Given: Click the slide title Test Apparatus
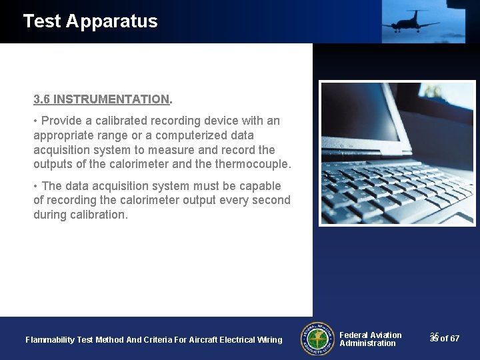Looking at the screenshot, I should tap(90, 21).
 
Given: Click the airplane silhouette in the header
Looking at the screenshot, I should tap(409, 21).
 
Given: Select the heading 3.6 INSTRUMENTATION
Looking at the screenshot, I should tap(102, 99).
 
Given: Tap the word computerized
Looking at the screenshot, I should tap(190, 135).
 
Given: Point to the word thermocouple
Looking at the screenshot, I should tap(257, 164).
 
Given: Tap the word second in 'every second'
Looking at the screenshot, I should tap(273, 200).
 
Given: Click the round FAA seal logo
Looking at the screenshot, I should tap(317, 339).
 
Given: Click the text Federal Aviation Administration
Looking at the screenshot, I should tap(370, 339).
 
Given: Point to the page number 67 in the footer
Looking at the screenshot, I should tap(455, 339).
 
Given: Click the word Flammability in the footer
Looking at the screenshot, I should tap(50, 340).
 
